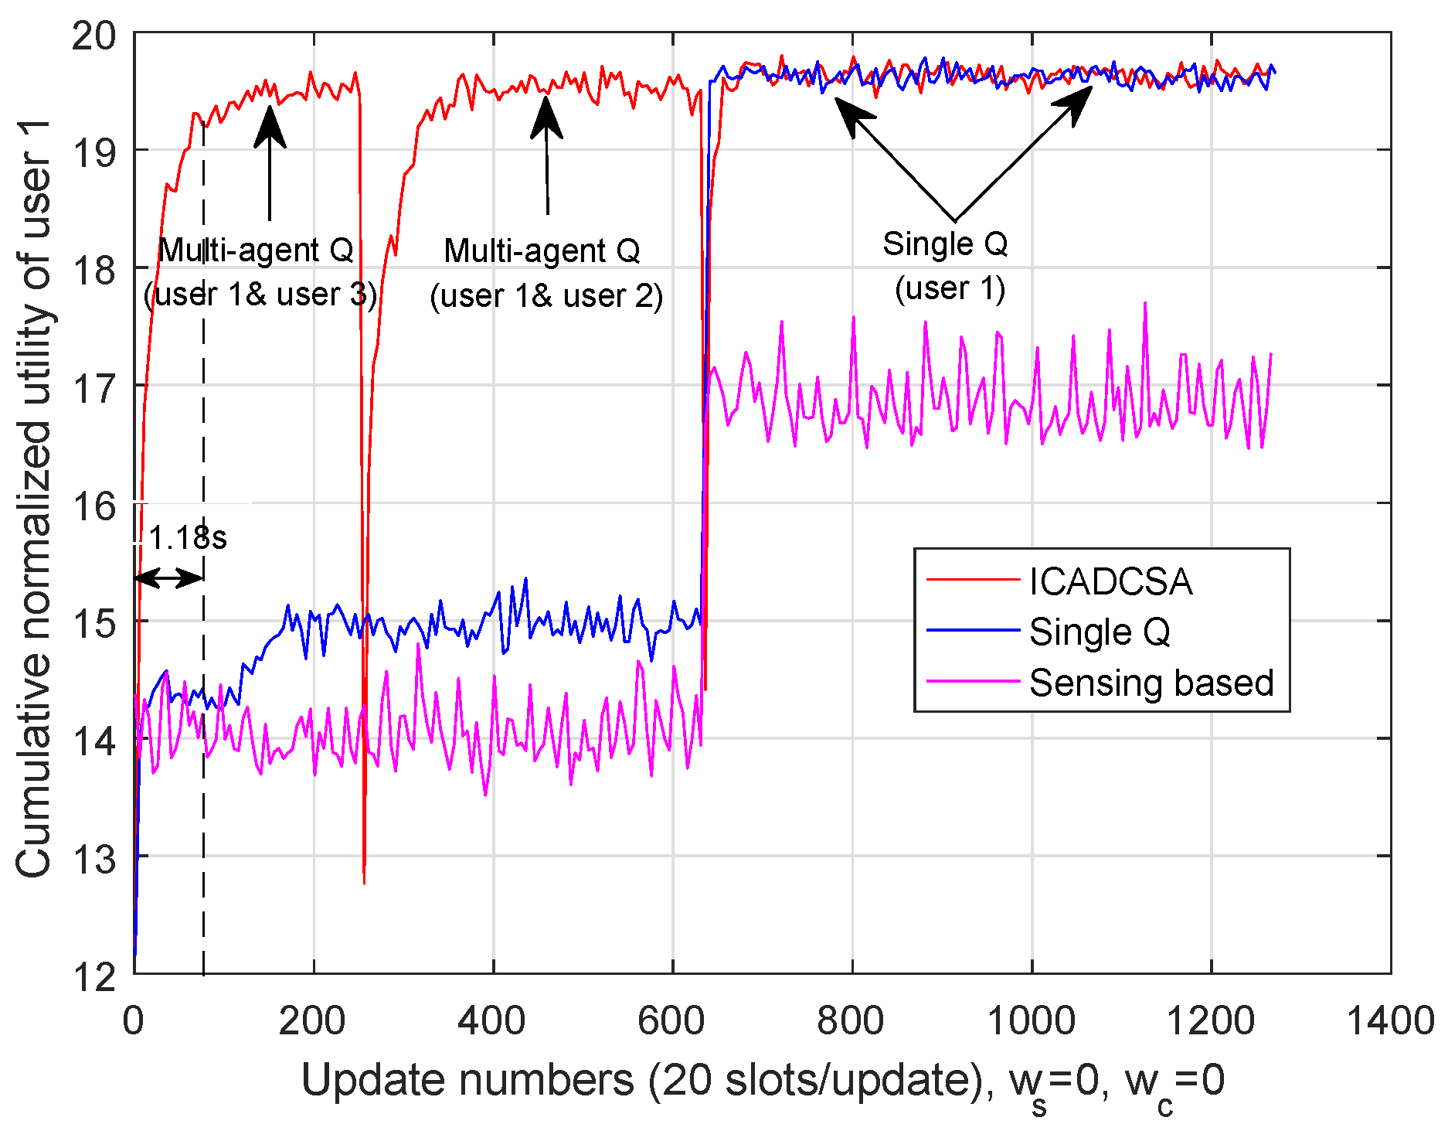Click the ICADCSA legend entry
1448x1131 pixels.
[x=1110, y=581]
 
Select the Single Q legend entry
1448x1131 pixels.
[x=1099, y=632]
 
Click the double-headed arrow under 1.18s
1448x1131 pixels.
[x=168, y=577]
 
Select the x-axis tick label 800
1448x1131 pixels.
[x=851, y=1021]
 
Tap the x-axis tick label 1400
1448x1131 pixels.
[x=1389, y=1021]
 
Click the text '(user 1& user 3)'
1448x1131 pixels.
[x=260, y=295]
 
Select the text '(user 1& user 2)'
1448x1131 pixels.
[x=546, y=296]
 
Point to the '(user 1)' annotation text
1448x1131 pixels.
[x=950, y=288]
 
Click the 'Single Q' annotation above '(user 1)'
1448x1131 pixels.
[x=945, y=244]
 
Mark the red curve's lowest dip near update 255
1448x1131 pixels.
[x=364, y=881]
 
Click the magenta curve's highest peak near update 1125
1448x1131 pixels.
[x=1144, y=304]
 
